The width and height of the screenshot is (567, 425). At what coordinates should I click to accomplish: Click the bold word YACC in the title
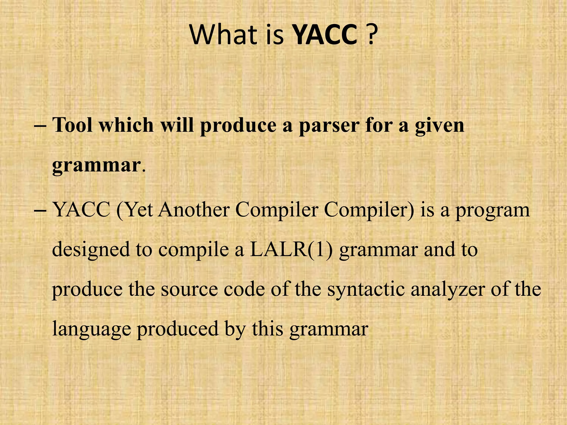(325, 35)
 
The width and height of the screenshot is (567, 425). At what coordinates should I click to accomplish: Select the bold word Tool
(73, 125)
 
